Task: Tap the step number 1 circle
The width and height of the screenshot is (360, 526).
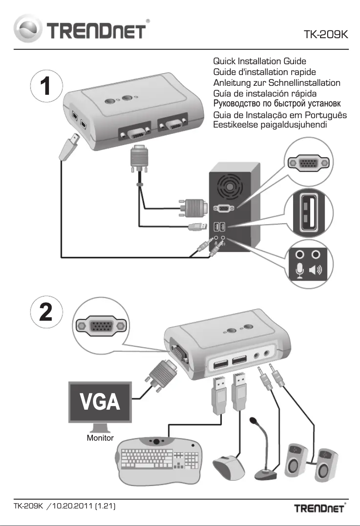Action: [46, 86]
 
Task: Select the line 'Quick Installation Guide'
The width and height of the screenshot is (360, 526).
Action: [260, 61]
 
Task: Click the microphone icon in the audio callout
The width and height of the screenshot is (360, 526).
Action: [300, 271]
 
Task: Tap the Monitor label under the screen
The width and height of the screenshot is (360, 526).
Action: [100, 438]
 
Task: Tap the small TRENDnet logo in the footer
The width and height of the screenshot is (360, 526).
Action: [319, 508]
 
